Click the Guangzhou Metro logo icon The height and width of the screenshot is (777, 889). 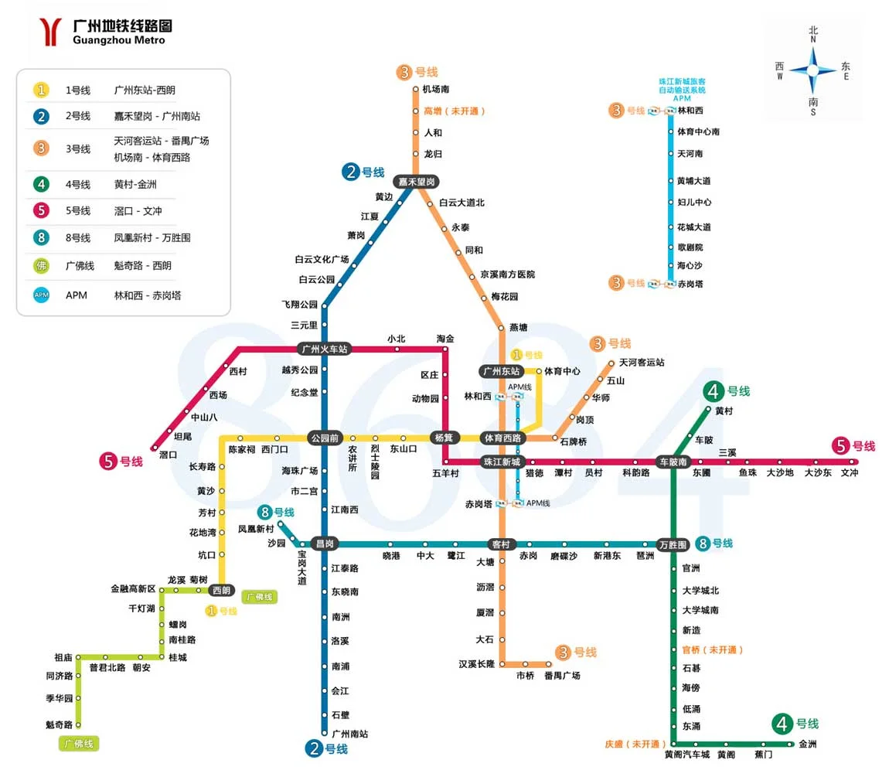(x=51, y=32)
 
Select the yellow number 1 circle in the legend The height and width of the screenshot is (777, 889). (x=42, y=90)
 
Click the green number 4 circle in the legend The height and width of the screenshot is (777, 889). (x=42, y=185)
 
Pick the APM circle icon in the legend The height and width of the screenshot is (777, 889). (x=42, y=295)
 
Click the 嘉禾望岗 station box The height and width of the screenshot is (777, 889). (x=416, y=182)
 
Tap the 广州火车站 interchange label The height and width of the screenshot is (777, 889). (x=324, y=349)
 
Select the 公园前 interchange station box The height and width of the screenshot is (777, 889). (x=324, y=438)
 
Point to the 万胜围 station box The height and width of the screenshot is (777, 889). (x=673, y=545)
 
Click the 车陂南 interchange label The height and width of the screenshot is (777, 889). (x=673, y=462)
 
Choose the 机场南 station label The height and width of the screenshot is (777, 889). (x=436, y=90)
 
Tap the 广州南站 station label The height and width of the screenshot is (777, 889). (x=349, y=734)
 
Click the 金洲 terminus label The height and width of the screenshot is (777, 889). (x=807, y=745)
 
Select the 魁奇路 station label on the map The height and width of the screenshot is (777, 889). (x=59, y=725)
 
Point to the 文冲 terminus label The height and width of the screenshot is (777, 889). (x=849, y=473)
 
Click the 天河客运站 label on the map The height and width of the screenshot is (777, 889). (x=641, y=362)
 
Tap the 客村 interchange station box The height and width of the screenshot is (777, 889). (x=501, y=545)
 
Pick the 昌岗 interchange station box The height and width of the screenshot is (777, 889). (x=324, y=544)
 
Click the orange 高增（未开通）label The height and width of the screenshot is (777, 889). (x=455, y=111)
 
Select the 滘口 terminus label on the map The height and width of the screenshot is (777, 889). (x=168, y=455)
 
